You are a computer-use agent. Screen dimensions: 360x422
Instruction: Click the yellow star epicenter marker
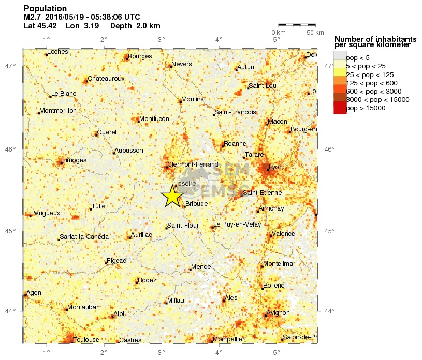click(172, 196)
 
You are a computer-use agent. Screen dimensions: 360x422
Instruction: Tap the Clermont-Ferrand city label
click(193, 164)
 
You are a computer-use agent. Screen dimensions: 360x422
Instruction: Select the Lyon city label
click(276, 167)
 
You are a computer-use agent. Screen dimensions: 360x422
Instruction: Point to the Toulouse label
click(86, 340)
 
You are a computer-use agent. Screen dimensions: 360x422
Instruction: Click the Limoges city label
click(74, 160)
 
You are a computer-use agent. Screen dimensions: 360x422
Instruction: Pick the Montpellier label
click(228, 339)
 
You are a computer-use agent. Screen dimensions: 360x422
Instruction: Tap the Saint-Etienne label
click(263, 193)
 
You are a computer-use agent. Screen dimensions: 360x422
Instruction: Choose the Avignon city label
click(278, 313)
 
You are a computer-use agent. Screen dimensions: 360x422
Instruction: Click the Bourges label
click(140, 56)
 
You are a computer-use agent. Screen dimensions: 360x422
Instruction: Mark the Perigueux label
click(46, 213)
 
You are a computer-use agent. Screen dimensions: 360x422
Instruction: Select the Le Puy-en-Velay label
click(237, 224)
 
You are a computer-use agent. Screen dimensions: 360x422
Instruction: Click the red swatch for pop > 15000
click(340, 108)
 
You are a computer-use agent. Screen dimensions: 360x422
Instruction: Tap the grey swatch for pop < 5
click(340, 57)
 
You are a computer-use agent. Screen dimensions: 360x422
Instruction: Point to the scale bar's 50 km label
click(315, 33)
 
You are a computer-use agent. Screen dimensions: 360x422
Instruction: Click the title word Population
click(45, 9)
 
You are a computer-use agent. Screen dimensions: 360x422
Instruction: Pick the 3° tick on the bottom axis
click(161, 350)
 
